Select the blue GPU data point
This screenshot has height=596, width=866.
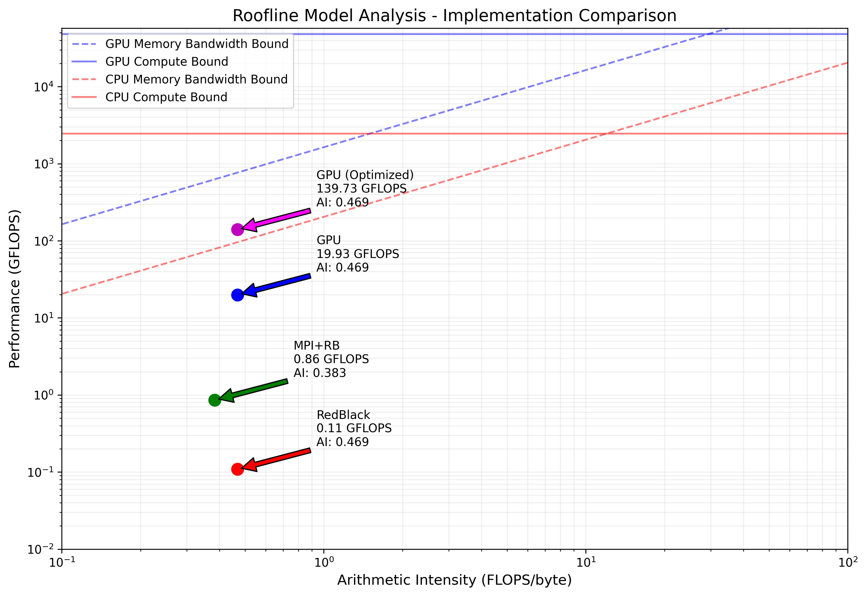237,295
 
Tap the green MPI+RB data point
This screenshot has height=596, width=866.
215,400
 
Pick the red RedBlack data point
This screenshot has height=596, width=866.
237,469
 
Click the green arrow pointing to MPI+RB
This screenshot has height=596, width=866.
254,390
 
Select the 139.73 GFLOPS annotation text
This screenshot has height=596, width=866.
361,189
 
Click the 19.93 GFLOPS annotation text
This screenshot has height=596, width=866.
357,254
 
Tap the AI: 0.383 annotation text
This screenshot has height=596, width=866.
320,373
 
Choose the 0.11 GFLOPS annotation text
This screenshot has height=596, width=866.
354,428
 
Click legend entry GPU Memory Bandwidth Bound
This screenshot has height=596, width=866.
197,44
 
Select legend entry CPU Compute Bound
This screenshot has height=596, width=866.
166,97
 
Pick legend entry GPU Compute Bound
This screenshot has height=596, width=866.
166,62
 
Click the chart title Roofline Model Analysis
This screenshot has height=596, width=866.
454,16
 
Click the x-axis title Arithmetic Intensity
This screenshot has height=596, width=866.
454,580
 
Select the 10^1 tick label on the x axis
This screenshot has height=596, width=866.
585,562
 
